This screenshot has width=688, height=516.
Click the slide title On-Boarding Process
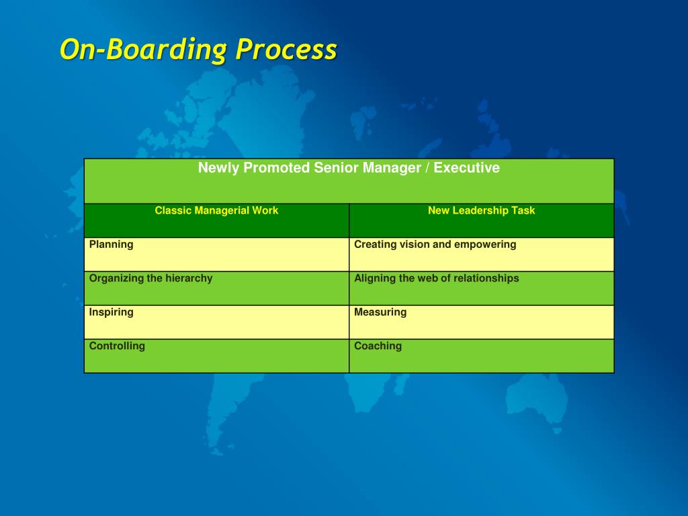pyautogui.click(x=198, y=50)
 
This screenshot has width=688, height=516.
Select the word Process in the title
pyautogui.click(x=286, y=50)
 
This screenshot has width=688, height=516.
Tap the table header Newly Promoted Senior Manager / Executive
pyautogui.click(x=349, y=168)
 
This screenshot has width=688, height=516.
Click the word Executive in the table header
pyautogui.click(x=466, y=168)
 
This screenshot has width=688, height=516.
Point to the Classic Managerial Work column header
pyautogui.click(x=216, y=210)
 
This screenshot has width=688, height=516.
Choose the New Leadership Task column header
pyautogui.click(x=481, y=210)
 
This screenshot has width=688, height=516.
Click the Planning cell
pyautogui.click(x=112, y=245)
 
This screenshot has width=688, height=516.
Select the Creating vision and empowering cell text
pyautogui.click(x=435, y=245)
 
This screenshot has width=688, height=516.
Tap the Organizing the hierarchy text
pyautogui.click(x=150, y=278)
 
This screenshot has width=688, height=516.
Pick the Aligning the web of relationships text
pyautogui.click(x=436, y=278)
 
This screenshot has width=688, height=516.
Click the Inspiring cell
pyautogui.click(x=112, y=312)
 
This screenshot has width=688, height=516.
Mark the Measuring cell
pyautogui.click(x=380, y=312)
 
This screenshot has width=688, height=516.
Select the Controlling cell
pyautogui.click(x=117, y=346)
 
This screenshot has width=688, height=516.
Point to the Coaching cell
pyautogui.click(x=378, y=346)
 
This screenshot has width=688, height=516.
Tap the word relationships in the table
pyautogui.click(x=487, y=278)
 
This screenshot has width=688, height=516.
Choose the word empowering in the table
pyautogui.click(x=485, y=245)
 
